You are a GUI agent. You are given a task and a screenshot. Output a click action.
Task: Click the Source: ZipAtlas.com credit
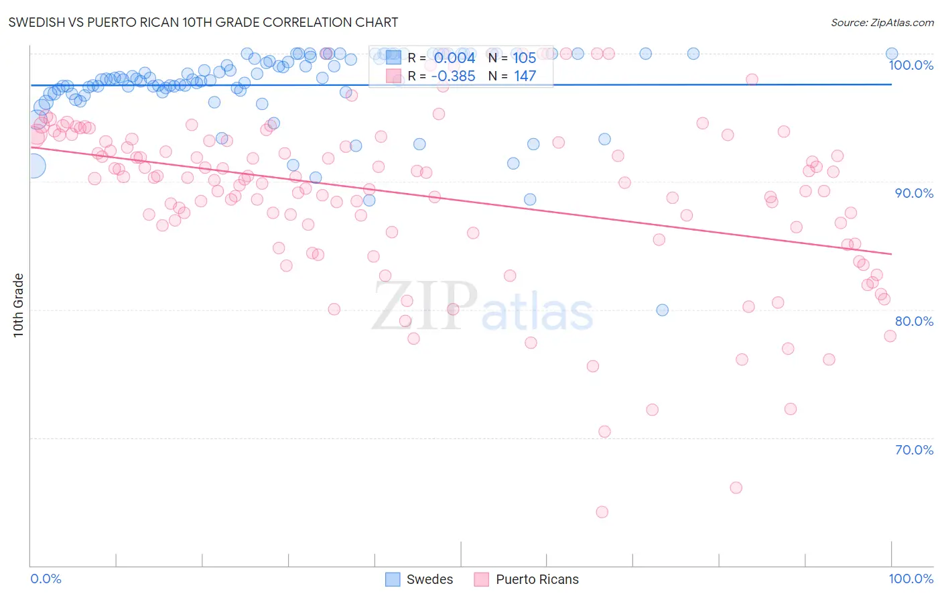tap(882, 23)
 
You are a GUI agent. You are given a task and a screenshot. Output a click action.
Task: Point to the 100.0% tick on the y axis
tap(911, 66)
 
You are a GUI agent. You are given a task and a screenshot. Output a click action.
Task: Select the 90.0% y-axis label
tap(914, 193)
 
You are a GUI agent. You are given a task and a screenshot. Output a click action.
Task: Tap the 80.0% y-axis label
tap(914, 321)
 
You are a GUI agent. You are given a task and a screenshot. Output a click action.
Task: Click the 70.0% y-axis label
tap(914, 450)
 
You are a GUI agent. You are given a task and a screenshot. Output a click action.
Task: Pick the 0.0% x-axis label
tap(46, 579)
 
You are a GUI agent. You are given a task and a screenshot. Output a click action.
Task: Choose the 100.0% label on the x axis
tap(911, 579)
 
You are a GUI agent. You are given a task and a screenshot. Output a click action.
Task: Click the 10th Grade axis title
tap(19, 305)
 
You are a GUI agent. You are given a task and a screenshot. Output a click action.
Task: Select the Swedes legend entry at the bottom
tap(420, 580)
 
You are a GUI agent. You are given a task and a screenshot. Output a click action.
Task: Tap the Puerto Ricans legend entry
tap(527, 580)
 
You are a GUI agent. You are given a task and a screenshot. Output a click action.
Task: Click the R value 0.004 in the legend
tap(454, 58)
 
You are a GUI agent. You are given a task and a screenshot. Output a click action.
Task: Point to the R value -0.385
tap(453, 76)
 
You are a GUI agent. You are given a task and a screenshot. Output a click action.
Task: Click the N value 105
tap(525, 58)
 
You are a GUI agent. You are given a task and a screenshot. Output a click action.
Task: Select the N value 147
tap(525, 76)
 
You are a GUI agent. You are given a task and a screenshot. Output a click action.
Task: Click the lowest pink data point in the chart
tap(602, 512)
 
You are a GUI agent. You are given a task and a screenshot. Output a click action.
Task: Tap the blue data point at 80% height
tap(662, 310)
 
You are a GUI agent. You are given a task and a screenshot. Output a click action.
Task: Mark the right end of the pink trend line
tap(891, 254)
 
